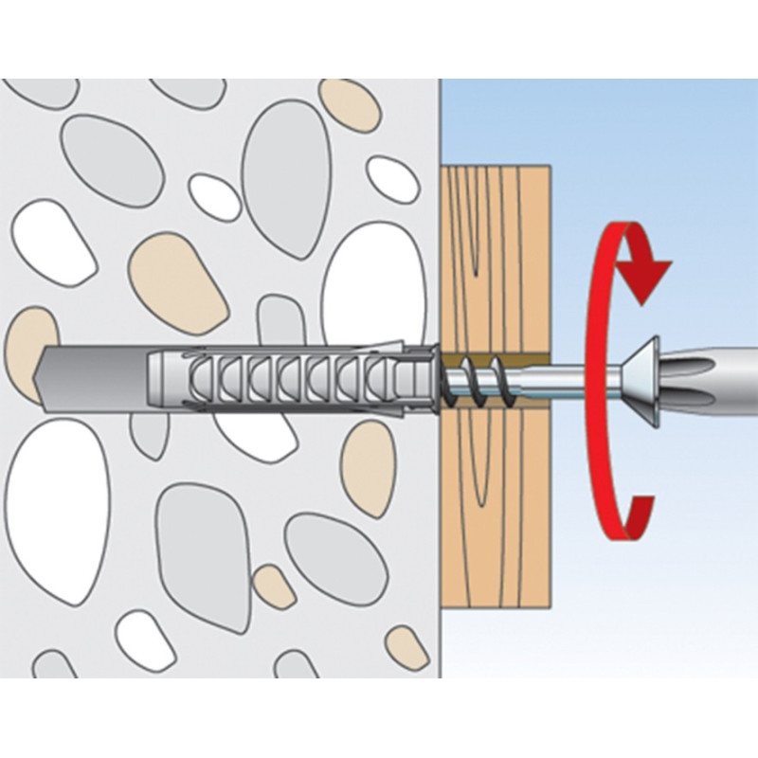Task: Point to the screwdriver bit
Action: (711, 370)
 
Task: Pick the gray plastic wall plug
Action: (284, 380)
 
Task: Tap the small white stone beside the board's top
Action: (392, 179)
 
